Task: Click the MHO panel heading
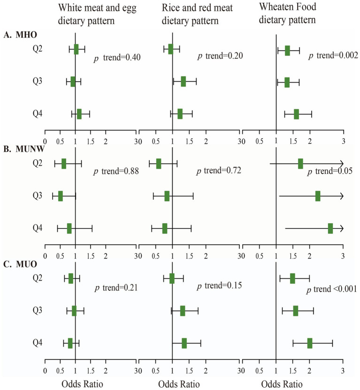[x=20, y=35]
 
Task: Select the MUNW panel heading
[x=24, y=149]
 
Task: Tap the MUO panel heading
[x=20, y=264]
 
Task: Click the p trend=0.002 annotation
[x=333, y=55]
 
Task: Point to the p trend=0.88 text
[x=116, y=172]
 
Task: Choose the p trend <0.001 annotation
[x=332, y=289]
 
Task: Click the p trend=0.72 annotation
[x=219, y=171]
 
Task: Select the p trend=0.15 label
[x=219, y=286]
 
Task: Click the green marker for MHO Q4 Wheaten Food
[x=296, y=114]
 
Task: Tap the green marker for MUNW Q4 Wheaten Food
[x=330, y=228]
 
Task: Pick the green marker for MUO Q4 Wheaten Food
[x=310, y=343]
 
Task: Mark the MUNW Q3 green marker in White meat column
[x=61, y=196]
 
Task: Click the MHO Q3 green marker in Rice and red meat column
[x=184, y=81]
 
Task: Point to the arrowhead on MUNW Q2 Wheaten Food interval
[x=342, y=164]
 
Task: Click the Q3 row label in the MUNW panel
[x=38, y=195]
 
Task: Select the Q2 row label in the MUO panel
[x=38, y=278]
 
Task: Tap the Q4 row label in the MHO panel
[x=38, y=113]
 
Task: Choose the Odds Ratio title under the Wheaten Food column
[x=282, y=384]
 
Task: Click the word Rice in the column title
[x=171, y=8]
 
